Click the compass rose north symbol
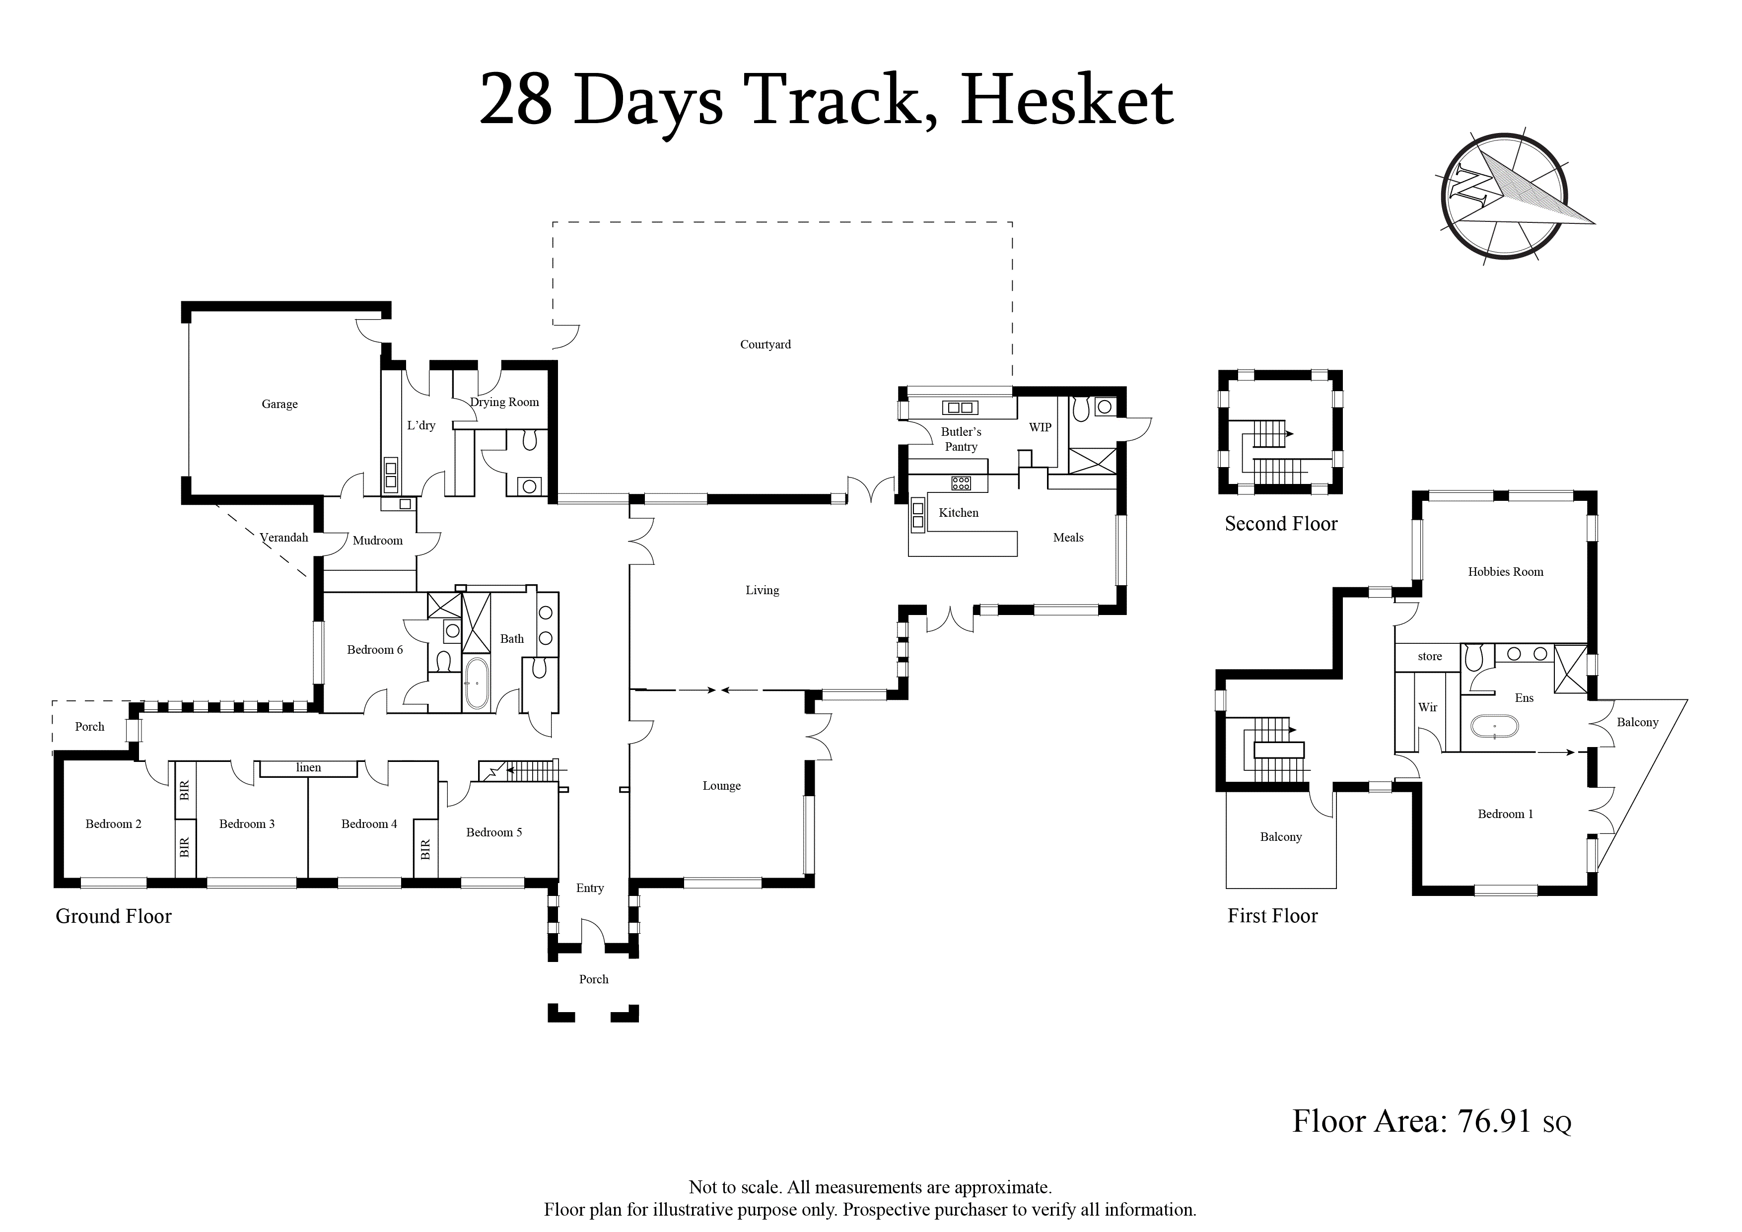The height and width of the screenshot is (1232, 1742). (1504, 197)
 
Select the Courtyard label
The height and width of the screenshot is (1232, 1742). (766, 344)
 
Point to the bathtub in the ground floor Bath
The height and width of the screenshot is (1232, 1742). (477, 684)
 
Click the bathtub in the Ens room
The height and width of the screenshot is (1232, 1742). (1495, 727)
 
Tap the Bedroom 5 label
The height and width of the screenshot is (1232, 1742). (494, 832)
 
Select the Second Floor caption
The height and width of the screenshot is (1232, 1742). (1281, 524)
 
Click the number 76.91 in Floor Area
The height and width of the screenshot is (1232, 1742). (1495, 1121)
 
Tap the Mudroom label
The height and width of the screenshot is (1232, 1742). (378, 541)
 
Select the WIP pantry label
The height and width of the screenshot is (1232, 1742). (1040, 427)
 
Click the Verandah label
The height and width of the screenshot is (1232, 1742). (284, 538)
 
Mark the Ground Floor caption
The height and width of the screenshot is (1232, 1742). (114, 916)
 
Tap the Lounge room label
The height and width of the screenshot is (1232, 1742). (721, 786)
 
